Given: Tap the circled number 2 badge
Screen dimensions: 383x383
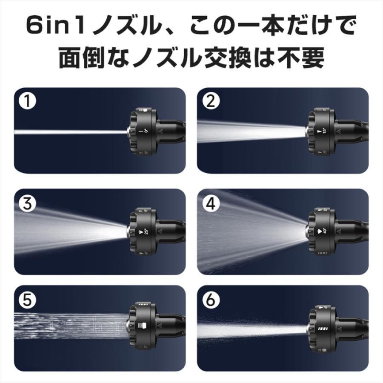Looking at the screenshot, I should (211, 102).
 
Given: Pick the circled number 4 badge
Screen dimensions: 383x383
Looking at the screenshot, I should (211, 203).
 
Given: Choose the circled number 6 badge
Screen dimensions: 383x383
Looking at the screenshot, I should (211, 300).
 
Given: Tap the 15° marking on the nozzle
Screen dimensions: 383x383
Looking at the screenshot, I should (324, 132).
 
